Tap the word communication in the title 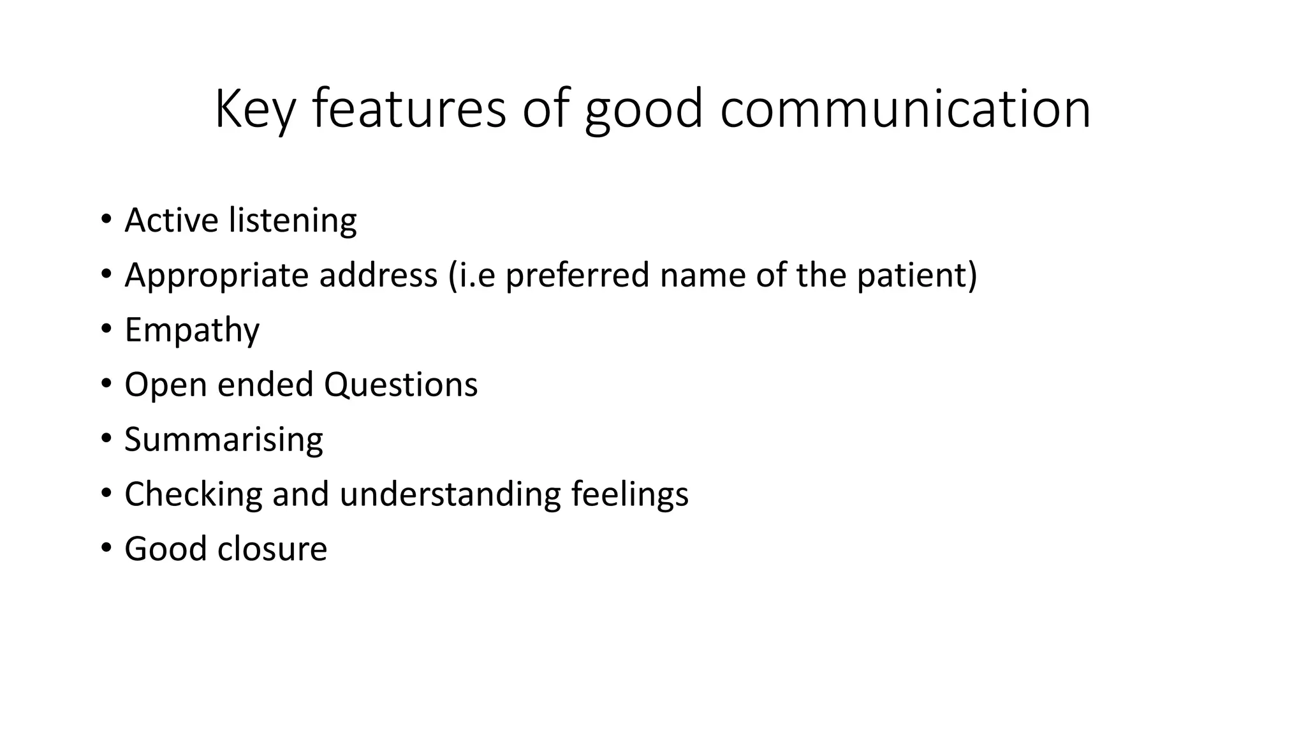point(906,110)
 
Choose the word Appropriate point(216,276)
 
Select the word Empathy point(192,330)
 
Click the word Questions point(400,385)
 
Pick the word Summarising point(223,440)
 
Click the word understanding point(450,494)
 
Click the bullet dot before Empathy point(106,329)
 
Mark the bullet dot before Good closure point(106,548)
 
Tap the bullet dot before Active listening point(106,219)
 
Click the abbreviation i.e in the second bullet point(472,276)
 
